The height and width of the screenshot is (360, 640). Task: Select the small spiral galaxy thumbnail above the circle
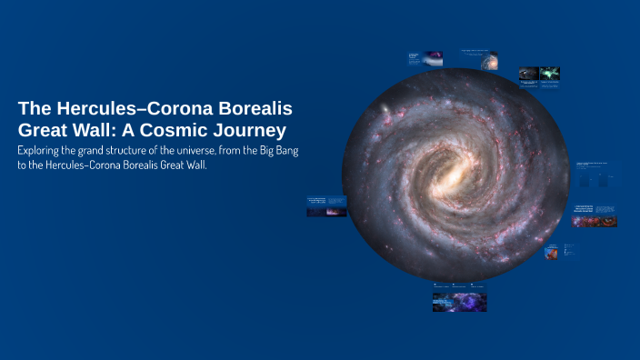pos(489,62)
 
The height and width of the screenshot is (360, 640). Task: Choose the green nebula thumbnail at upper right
pos(549,74)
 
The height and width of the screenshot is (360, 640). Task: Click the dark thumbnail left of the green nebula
pos(529,74)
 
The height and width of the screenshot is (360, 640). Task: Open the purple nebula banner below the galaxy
pos(459,301)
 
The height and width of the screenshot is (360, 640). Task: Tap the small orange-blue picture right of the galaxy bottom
pos(551,252)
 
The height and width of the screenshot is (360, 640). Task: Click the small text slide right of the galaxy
pos(595,174)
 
